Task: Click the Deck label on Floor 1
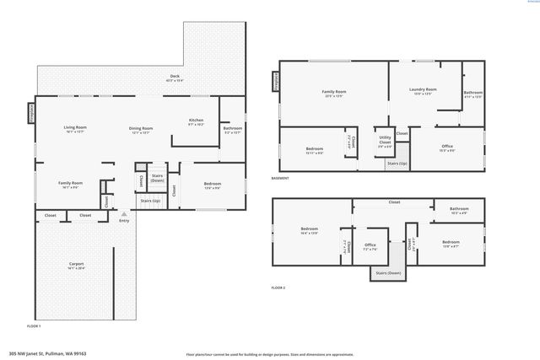point(175,77)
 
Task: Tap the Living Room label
point(76,128)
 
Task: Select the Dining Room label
point(140,128)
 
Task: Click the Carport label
point(76,265)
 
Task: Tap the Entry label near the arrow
point(124,221)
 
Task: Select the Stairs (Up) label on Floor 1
point(151,201)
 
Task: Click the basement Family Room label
point(335,92)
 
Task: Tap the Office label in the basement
point(447,147)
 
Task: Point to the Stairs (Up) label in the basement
point(397,163)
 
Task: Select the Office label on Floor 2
point(370,245)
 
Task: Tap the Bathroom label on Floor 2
point(459,209)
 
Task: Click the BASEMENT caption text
point(280,179)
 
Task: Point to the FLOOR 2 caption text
point(278,288)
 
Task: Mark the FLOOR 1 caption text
point(33,325)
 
